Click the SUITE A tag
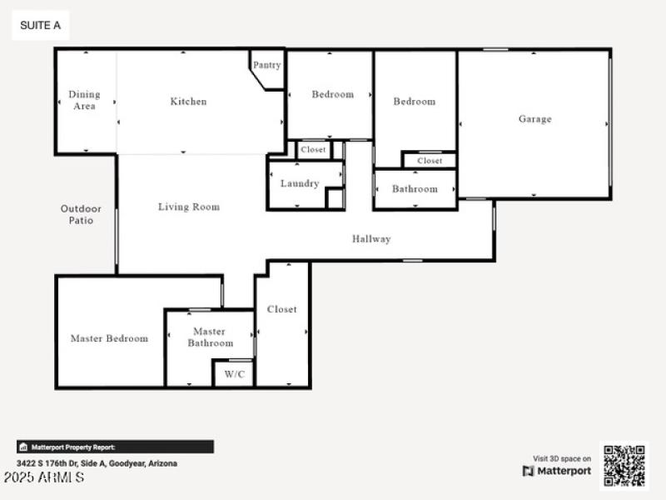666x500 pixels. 40,26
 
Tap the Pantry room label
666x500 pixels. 266,65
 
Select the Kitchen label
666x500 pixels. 188,102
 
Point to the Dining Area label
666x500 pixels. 83,100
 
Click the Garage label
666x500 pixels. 534,119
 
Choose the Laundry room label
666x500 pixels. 300,183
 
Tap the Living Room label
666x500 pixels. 189,207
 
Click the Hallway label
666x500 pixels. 371,239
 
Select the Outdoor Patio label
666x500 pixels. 81,214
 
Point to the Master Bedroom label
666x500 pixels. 109,338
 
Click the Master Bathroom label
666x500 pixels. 210,337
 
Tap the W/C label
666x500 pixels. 235,374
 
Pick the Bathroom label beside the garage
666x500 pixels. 415,189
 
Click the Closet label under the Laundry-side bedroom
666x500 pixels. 314,150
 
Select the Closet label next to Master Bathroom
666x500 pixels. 281,309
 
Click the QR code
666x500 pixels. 624,465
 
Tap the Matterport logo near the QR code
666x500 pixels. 557,471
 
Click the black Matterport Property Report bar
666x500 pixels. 115,447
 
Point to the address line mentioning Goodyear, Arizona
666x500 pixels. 97,463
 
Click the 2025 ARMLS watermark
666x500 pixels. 43,478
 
